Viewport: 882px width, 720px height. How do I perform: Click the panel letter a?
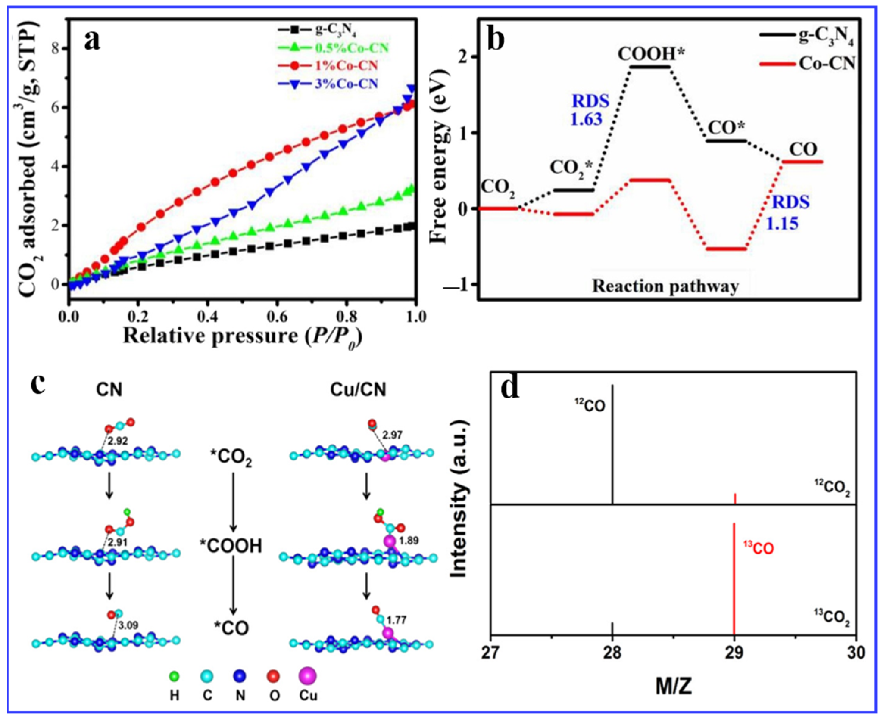point(92,42)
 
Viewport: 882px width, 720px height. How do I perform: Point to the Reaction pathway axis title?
point(665,286)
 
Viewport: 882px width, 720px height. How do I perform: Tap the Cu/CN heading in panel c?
point(358,389)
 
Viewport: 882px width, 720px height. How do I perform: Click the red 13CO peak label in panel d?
point(759,549)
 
